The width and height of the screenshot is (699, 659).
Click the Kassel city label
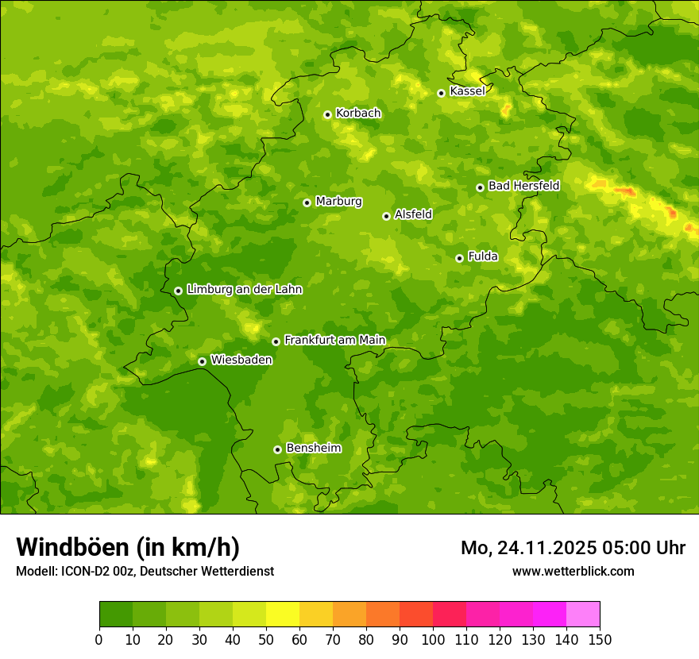(467, 91)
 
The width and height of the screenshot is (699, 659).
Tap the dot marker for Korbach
(327, 114)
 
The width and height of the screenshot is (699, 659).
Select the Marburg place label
(338, 202)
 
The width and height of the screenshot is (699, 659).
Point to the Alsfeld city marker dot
(386, 216)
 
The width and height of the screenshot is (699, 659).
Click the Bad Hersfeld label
(523, 186)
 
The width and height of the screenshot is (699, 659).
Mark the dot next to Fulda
(459, 258)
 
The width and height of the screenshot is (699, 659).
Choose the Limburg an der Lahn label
(244, 290)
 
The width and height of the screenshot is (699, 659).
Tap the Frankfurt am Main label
(334, 340)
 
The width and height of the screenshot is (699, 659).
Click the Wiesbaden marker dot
(202, 361)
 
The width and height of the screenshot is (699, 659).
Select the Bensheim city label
(313, 448)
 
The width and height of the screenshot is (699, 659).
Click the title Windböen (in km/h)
(128, 547)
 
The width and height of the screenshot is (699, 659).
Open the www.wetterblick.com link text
(573, 571)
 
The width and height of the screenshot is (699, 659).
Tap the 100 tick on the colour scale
(433, 639)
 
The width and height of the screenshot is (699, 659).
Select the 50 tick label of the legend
(266, 639)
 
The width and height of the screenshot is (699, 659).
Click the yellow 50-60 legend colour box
(283, 615)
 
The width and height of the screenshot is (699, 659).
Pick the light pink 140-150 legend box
(583, 615)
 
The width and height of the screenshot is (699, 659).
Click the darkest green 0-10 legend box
(116, 615)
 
